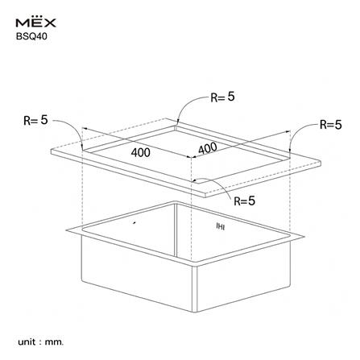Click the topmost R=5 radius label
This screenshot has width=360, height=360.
coord(222,97)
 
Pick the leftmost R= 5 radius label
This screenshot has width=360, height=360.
coord(35,120)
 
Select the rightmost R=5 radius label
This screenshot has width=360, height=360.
coord(330,124)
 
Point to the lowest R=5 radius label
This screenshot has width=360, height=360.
coord(244,201)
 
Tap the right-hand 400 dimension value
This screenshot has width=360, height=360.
coord(207,149)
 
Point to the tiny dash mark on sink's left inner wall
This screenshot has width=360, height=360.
coord(134,220)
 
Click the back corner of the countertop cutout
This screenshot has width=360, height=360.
coord(179,124)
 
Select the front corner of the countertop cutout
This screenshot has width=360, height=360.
coord(191,183)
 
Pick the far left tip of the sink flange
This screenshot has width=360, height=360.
coord(67,230)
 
